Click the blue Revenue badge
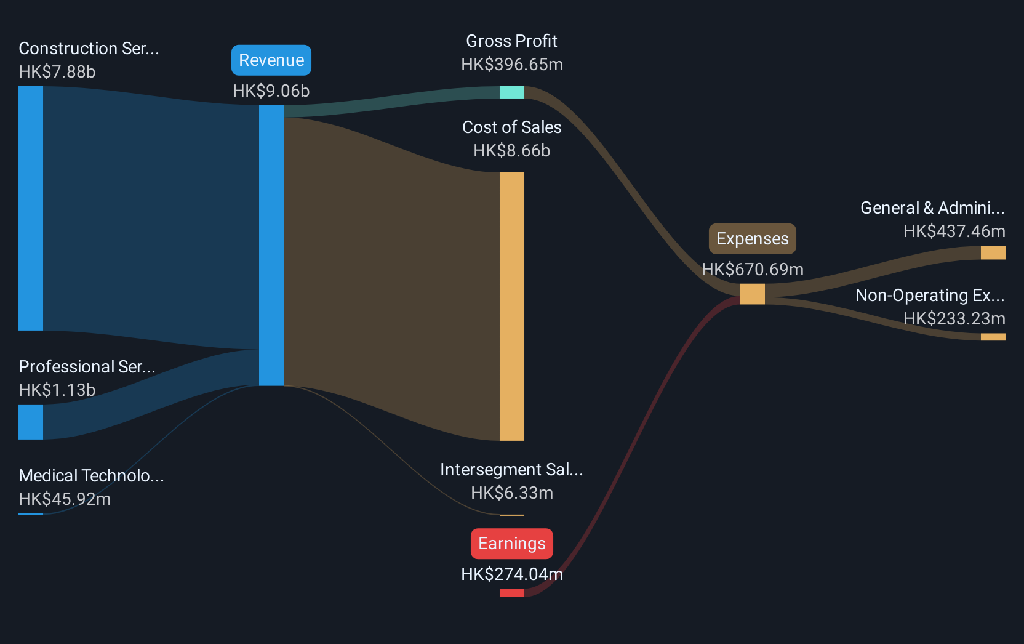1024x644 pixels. [x=271, y=60]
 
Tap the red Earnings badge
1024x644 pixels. [x=511, y=544]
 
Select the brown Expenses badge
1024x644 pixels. [x=753, y=239]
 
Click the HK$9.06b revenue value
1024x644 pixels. [x=271, y=91]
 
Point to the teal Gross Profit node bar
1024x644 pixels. [x=511, y=92]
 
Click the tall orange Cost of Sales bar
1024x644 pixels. [x=511, y=307]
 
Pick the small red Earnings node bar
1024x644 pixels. [x=511, y=593]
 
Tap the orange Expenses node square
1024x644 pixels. [x=753, y=294]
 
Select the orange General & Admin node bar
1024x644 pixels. [x=993, y=252]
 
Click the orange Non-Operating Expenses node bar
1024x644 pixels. [x=993, y=337]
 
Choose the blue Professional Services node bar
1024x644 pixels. [x=31, y=422]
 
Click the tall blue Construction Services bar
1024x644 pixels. [x=31, y=208]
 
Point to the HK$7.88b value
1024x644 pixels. [x=57, y=72]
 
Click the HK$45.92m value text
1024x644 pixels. [x=65, y=499]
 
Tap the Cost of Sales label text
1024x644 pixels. [x=511, y=127]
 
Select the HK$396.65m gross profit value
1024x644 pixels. [x=512, y=65]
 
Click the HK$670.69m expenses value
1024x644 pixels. [x=753, y=270]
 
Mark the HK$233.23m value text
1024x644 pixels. [x=954, y=318]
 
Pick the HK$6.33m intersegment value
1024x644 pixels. [x=512, y=493]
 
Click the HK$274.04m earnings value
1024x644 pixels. [x=512, y=574]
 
